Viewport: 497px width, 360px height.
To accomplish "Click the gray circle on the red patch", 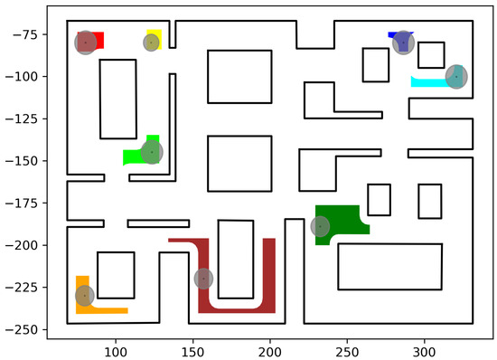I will [x=84, y=43].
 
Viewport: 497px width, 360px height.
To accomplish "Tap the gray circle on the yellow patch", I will [x=151, y=43].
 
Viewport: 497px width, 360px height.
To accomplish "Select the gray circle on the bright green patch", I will [x=151, y=152].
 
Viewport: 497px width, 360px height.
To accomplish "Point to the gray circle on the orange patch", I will [x=84, y=296].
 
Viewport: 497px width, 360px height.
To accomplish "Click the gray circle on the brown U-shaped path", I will [x=203, y=279].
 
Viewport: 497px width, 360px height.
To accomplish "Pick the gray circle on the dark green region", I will [x=320, y=227].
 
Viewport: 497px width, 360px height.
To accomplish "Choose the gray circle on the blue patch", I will [x=403, y=43].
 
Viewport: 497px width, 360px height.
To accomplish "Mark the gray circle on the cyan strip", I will [x=456, y=77].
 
